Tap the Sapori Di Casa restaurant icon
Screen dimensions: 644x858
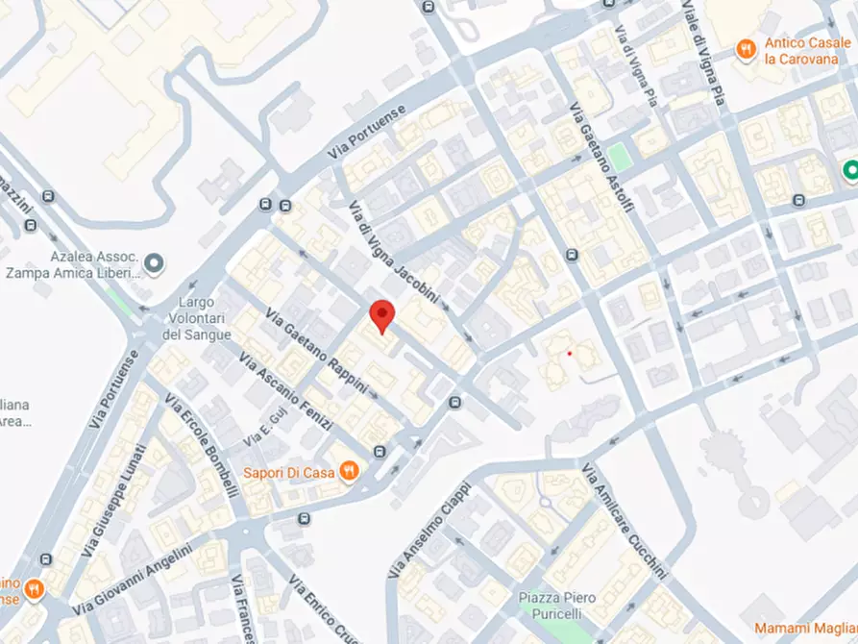tap(351, 471)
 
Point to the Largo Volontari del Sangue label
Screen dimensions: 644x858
tap(197, 318)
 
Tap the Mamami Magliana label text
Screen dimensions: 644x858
tap(805, 628)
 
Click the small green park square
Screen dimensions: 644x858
tap(623, 157)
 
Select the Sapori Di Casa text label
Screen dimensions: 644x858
tap(287, 472)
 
